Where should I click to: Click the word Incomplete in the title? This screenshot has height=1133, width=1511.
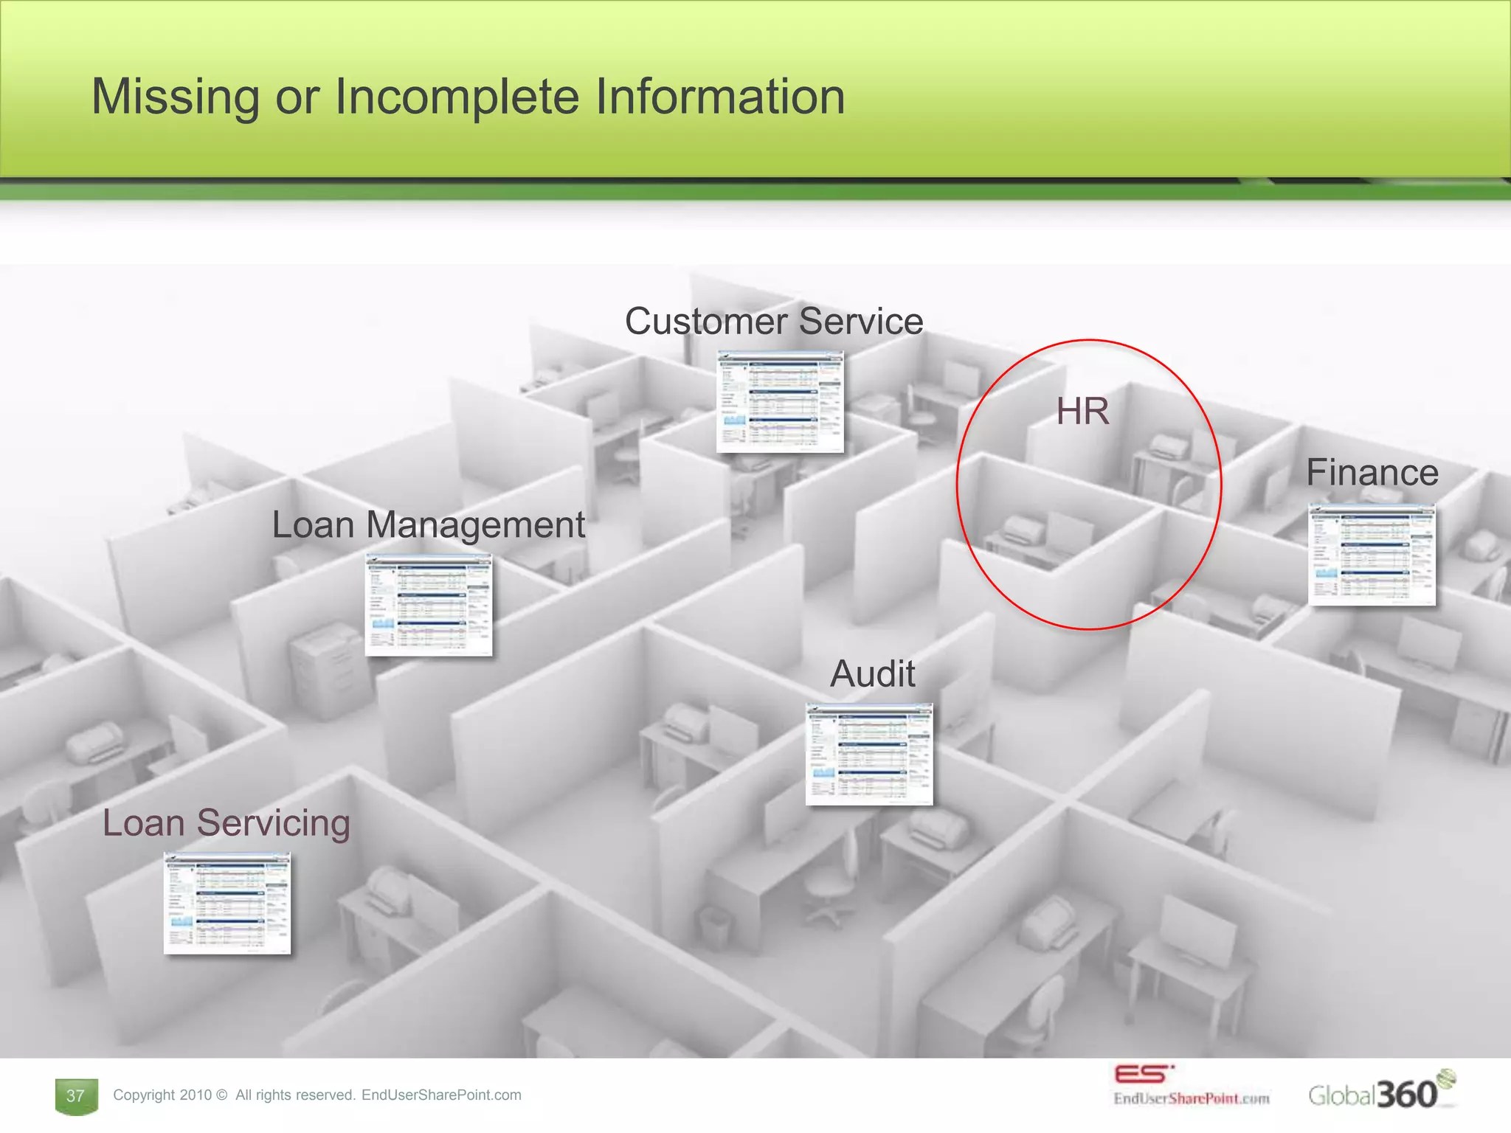click(457, 97)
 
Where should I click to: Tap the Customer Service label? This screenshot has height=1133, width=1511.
click(774, 322)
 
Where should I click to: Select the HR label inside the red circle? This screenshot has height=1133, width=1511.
click(1082, 411)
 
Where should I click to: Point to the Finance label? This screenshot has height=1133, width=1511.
click(1372, 473)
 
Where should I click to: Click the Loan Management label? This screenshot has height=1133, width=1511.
click(428, 525)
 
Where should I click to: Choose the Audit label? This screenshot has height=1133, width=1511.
click(873, 673)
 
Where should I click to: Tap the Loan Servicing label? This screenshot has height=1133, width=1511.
click(227, 823)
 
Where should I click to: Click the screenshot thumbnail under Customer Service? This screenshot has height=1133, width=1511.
click(780, 402)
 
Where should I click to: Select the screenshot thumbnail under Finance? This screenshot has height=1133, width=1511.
click(1372, 555)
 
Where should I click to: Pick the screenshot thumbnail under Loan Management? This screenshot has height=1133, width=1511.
click(429, 605)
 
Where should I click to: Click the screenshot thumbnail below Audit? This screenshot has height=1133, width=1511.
click(869, 754)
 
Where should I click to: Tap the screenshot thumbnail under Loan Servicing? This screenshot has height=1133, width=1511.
click(227, 904)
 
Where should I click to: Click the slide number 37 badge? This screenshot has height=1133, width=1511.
click(76, 1096)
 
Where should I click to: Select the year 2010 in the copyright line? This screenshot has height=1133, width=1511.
click(195, 1095)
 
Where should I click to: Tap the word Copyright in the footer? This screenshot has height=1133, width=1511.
click(144, 1095)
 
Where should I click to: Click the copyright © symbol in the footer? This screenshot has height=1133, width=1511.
click(222, 1095)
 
